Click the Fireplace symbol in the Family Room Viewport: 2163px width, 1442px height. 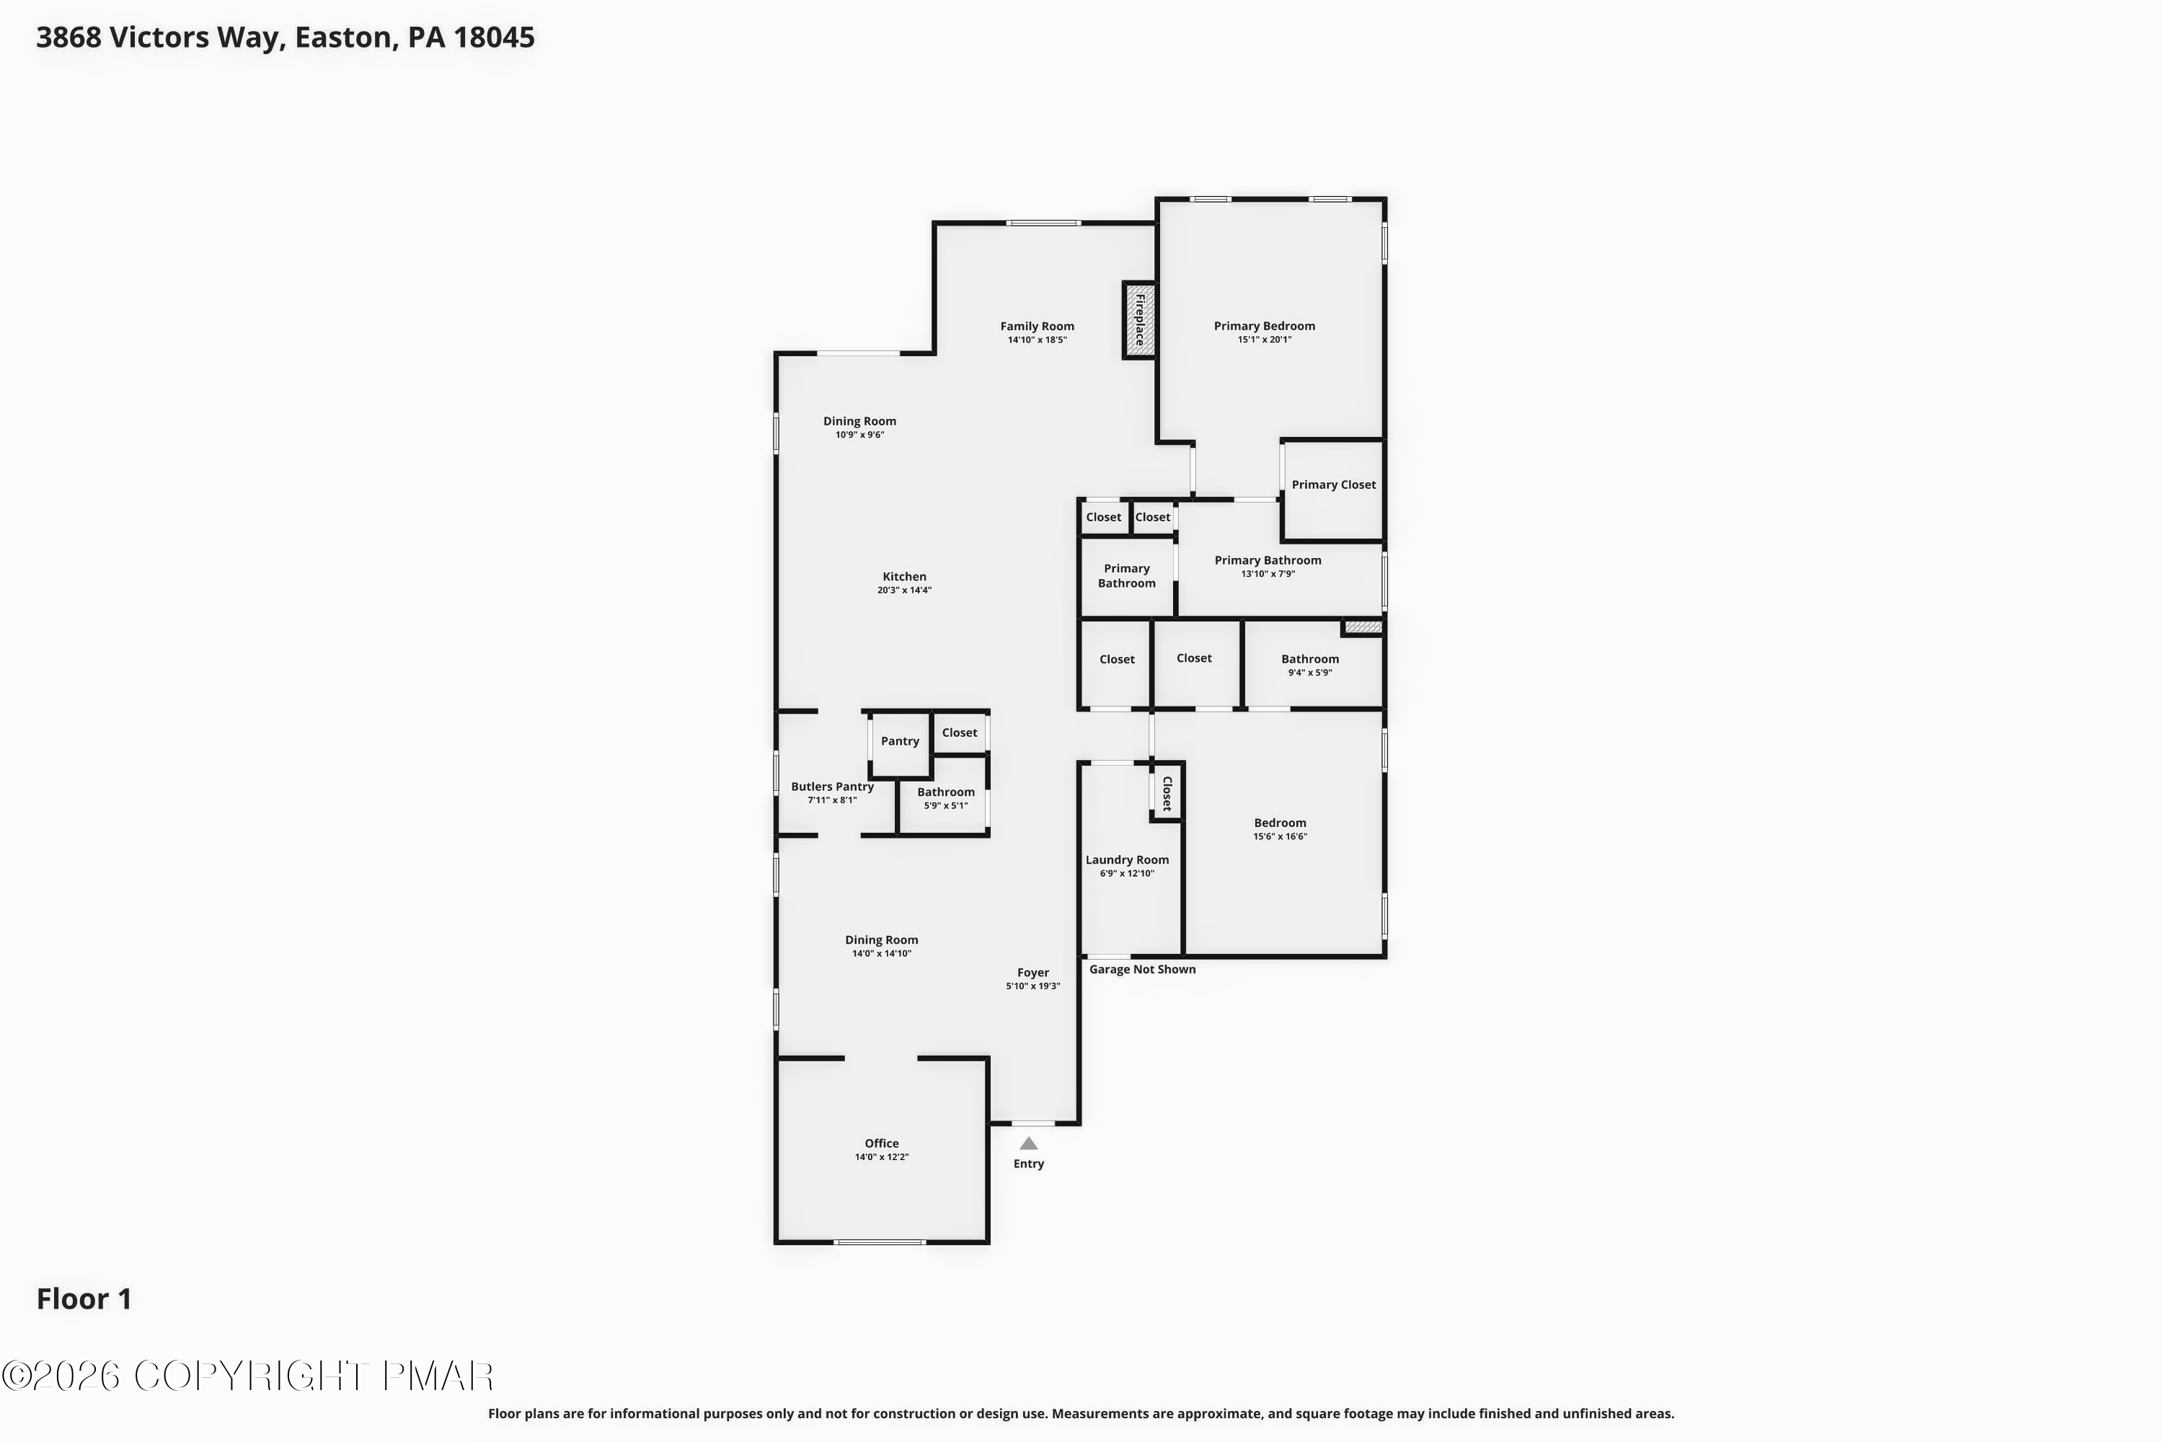1138,320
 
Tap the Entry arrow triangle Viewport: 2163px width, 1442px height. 1028,1143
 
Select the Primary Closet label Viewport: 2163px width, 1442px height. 1332,485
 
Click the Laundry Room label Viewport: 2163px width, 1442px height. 1126,860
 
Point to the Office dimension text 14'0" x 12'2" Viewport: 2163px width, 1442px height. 881,1157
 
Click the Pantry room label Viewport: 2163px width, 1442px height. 899,741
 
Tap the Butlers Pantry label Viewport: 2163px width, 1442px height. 831,787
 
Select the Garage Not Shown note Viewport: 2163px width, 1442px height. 1142,969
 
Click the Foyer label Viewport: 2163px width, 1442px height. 1032,972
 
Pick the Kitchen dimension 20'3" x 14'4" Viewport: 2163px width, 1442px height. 904,590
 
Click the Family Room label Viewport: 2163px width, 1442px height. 1037,326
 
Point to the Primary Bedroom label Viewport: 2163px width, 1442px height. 1264,326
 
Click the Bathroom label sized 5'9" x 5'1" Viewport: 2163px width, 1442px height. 945,792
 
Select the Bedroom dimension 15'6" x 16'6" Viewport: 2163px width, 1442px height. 1279,837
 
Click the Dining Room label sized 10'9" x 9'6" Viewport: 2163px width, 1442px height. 859,421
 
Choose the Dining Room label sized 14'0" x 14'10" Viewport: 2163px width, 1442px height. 881,940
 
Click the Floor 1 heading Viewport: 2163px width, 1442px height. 84,1299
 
